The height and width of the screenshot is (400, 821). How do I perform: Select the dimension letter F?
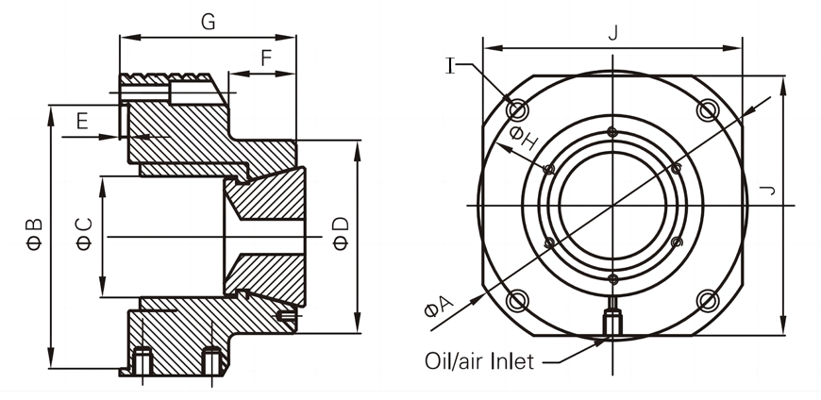tap(266, 58)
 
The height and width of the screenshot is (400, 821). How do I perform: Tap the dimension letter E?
tap(82, 121)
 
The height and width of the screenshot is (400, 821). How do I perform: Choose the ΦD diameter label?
tap(342, 234)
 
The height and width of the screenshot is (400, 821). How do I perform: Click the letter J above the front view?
tap(613, 33)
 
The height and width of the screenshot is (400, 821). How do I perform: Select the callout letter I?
tap(451, 65)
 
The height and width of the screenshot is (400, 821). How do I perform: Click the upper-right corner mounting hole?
tap(708, 109)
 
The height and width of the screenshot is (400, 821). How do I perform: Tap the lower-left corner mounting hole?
tap(516, 301)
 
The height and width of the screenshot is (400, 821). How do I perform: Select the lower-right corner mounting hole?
tap(708, 301)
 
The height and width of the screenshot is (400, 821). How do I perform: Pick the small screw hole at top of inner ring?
tap(612, 131)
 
